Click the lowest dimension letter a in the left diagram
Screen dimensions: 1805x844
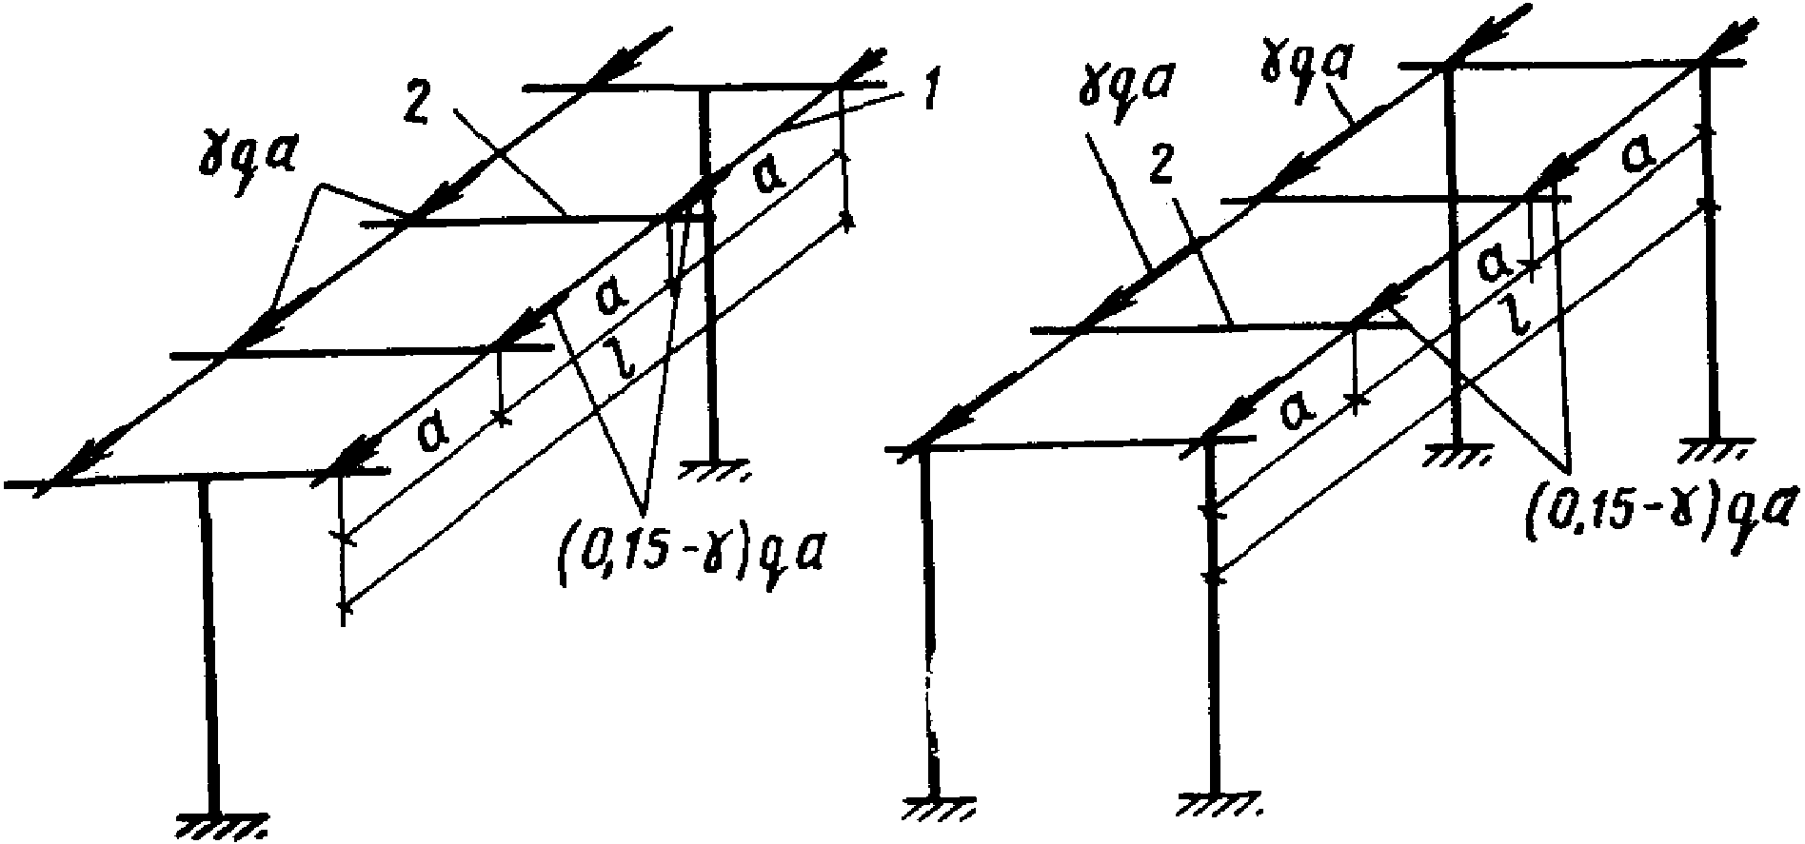coord(431,434)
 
